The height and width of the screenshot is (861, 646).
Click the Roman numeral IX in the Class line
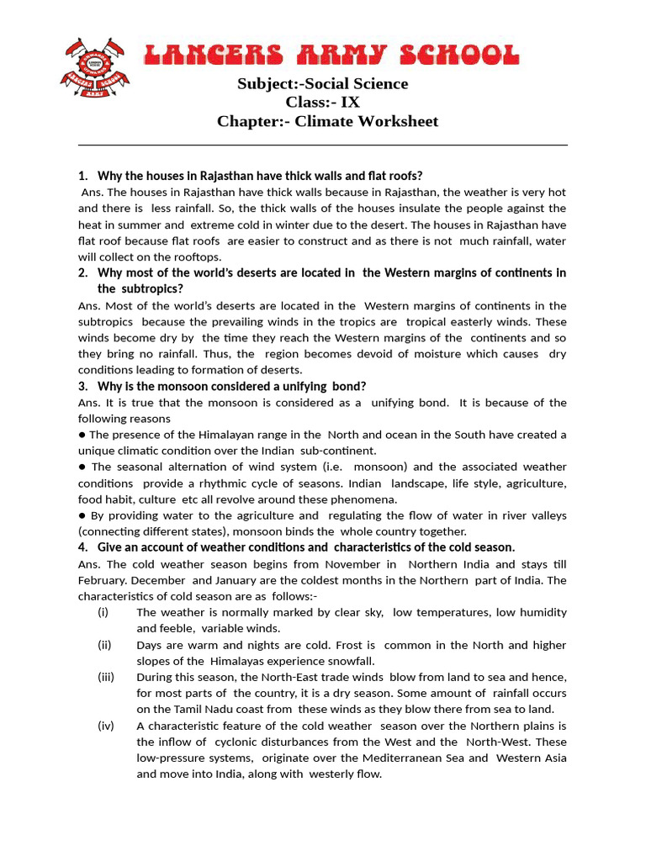coord(349,103)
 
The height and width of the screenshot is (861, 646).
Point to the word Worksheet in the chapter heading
coord(396,121)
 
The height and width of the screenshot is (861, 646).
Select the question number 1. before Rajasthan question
coord(82,176)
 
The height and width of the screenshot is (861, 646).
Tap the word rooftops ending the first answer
coord(198,256)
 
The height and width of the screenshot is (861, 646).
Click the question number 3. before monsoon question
coord(82,386)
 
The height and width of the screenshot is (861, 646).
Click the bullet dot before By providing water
coord(82,515)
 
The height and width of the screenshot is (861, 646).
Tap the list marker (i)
coord(103,612)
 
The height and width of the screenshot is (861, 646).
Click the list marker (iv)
coord(106,726)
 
